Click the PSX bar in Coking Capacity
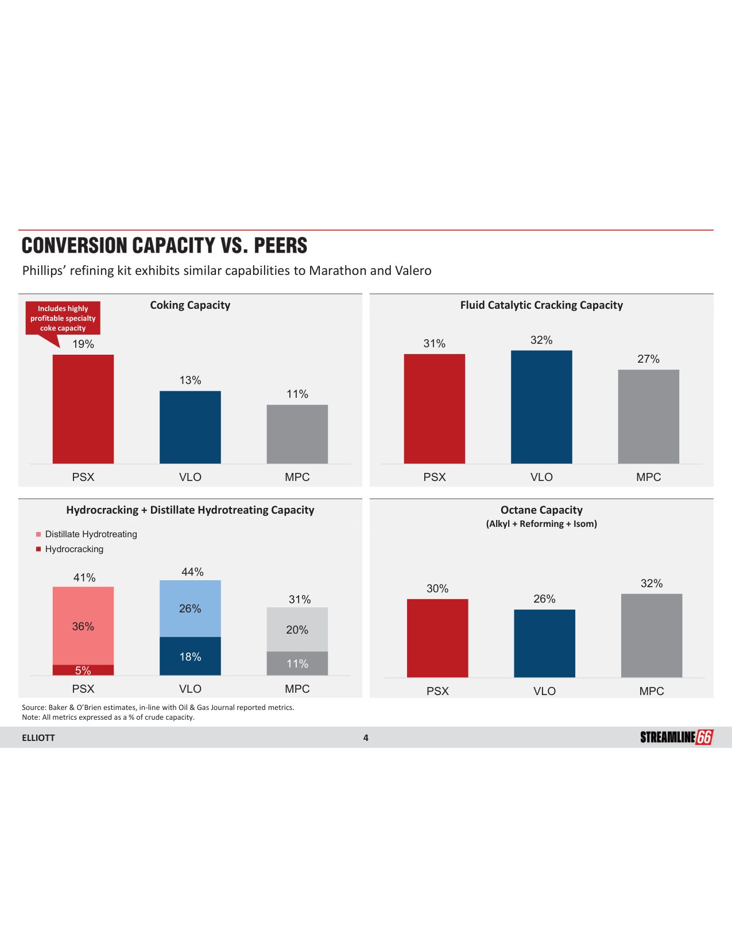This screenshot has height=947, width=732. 83,409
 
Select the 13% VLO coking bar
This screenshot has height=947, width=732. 190,427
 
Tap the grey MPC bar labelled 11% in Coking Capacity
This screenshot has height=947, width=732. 297,434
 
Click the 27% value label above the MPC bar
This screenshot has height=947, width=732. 648,359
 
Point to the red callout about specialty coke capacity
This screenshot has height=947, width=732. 63,319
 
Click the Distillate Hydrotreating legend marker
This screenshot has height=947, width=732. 38,534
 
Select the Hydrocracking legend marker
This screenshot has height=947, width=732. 38,549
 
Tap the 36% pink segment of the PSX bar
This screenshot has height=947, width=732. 83,626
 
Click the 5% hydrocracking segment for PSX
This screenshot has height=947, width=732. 83,670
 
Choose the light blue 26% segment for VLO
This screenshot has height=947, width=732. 190,608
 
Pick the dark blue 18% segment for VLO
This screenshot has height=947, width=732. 190,656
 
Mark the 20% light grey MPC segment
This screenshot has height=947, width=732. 297,630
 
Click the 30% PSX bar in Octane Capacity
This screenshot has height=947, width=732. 437,638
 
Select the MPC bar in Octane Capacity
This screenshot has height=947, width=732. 652,635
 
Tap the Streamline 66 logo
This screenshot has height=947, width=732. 676,738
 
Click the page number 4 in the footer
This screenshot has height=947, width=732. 366,738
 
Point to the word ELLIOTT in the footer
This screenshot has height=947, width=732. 38,738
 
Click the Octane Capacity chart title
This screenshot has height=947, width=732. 541,510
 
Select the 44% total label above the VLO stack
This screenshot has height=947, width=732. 192,572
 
